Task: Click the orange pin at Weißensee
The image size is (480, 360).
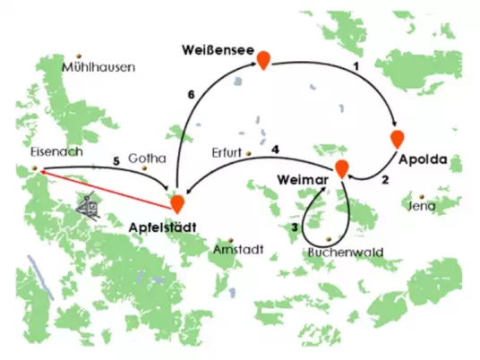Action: pyautogui.click(x=263, y=60)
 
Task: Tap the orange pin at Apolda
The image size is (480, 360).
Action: pyautogui.click(x=398, y=140)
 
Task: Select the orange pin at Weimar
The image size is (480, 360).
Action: pyautogui.click(x=341, y=168)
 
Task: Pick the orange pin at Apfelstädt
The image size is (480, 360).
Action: pyautogui.click(x=177, y=203)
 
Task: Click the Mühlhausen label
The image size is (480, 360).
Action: pyautogui.click(x=99, y=67)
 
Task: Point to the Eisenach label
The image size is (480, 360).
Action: pyautogui.click(x=56, y=152)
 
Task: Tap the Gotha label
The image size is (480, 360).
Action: pyautogui.click(x=147, y=159)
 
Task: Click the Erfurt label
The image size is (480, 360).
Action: pyautogui.click(x=227, y=153)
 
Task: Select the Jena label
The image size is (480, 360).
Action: pyautogui.click(x=422, y=206)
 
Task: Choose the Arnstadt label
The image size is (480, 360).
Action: pyautogui.click(x=238, y=250)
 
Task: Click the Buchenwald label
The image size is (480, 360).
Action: pyautogui.click(x=346, y=253)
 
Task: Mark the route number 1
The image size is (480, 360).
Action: pyautogui.click(x=356, y=66)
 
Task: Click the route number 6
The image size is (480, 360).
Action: pyautogui.click(x=191, y=95)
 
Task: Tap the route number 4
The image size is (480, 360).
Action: pyautogui.click(x=275, y=150)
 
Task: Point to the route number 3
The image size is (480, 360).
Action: pyautogui.click(x=295, y=227)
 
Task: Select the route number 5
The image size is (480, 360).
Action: pyautogui.click(x=116, y=161)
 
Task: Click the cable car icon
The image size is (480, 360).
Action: pyautogui.click(x=88, y=206)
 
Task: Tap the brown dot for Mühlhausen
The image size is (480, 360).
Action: pyautogui.click(x=79, y=56)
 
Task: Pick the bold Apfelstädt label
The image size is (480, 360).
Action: pyautogui.click(x=163, y=227)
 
